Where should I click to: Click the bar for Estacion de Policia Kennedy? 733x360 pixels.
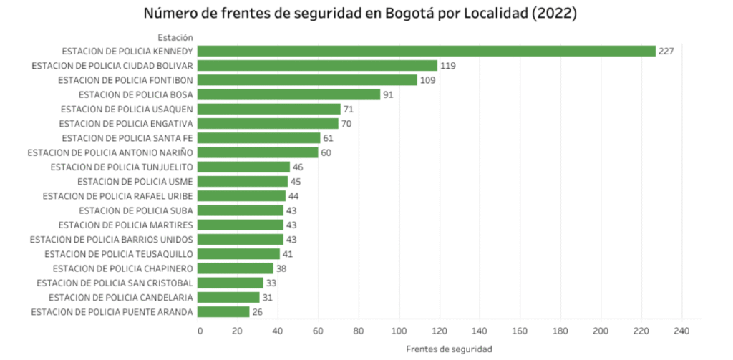[x=426, y=51]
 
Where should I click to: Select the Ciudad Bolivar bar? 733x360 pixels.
[x=317, y=65]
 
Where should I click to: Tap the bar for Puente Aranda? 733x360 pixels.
[x=223, y=311]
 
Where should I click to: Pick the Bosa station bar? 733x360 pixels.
[x=288, y=94]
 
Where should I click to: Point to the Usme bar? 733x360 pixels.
[x=243, y=181]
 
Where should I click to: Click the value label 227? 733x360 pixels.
[x=667, y=51]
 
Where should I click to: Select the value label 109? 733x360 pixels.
[x=428, y=80]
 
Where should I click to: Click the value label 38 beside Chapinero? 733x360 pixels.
[x=282, y=268]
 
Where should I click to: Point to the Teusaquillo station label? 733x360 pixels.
[x=119, y=254]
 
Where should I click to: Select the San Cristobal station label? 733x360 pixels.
[x=112, y=283]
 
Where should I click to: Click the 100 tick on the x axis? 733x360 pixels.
[x=400, y=331]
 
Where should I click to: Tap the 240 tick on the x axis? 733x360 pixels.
[x=681, y=331]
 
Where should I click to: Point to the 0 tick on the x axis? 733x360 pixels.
[x=200, y=331]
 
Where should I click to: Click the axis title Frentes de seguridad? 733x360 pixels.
[x=449, y=349]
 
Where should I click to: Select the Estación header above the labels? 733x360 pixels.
[x=175, y=37]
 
